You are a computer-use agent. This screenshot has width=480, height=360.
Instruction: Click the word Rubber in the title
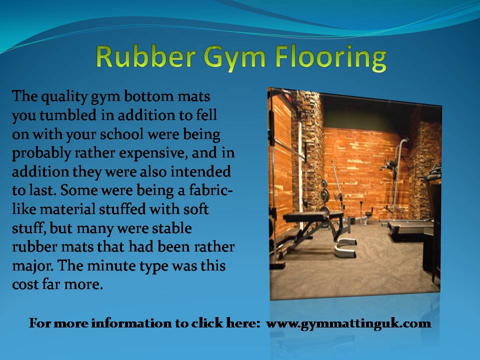pos(145,56)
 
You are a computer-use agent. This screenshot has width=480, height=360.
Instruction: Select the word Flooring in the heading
pos(330,58)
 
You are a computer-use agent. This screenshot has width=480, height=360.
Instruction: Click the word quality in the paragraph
pos(64,96)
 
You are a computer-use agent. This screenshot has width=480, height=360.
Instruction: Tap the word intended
pos(200,171)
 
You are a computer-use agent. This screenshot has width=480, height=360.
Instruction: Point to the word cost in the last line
pos(25,284)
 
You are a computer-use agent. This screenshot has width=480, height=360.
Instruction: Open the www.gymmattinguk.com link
pos(348,323)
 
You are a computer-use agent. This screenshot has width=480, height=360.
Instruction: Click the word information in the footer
pos(131,323)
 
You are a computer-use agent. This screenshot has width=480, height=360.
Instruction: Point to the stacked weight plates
pos(324,191)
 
